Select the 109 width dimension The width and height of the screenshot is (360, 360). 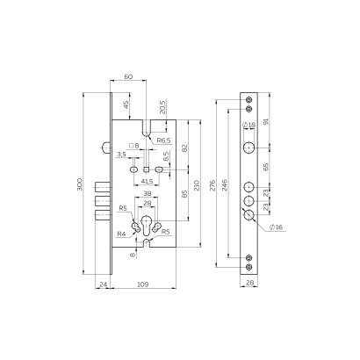[x=144, y=284]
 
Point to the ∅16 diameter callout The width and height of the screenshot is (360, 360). [x=276, y=227]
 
